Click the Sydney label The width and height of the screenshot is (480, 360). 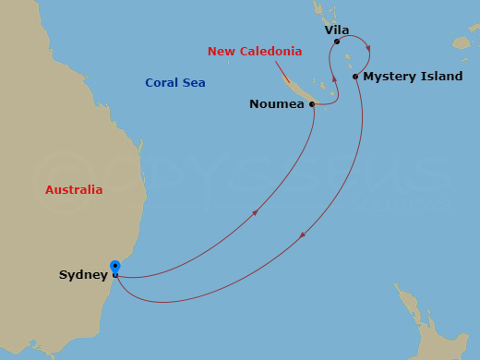(x=83, y=275)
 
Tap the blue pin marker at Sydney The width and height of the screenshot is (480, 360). (x=114, y=268)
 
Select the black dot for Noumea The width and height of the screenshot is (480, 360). (x=312, y=104)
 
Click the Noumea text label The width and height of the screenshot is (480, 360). (x=277, y=104)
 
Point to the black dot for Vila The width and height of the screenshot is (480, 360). (x=336, y=42)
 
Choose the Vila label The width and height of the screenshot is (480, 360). (x=337, y=30)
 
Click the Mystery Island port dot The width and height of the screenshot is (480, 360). (x=355, y=77)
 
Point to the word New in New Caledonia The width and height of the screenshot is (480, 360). (x=221, y=51)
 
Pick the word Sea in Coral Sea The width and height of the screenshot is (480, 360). (x=194, y=83)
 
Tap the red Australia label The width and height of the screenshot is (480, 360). (x=74, y=190)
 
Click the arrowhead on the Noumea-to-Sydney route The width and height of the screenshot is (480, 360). (x=255, y=213)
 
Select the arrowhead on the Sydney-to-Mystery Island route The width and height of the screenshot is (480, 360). (x=302, y=237)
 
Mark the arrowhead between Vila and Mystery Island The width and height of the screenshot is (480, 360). (x=368, y=48)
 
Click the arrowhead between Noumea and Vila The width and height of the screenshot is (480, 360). (x=335, y=81)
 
